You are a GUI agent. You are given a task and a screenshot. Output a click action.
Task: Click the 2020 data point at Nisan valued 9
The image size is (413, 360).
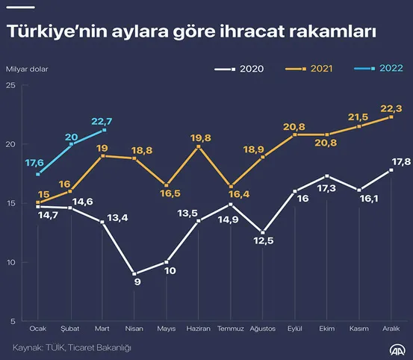pos(134,273)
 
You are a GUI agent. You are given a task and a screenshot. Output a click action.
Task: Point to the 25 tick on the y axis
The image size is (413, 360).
pos(10,85)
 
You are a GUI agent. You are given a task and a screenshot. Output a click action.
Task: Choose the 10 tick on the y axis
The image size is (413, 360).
pos(10,262)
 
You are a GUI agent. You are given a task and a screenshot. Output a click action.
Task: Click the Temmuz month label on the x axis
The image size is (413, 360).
pos(230,328)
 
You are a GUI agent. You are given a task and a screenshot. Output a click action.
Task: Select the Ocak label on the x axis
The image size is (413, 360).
pos(37,328)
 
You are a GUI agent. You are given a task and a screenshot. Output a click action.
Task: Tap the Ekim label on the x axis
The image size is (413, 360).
pos(326,328)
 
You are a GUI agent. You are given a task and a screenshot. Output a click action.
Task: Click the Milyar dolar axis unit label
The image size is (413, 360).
pos(27,69)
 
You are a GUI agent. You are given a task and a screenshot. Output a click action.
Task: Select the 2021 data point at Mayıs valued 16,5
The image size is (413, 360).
pos(166,184)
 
